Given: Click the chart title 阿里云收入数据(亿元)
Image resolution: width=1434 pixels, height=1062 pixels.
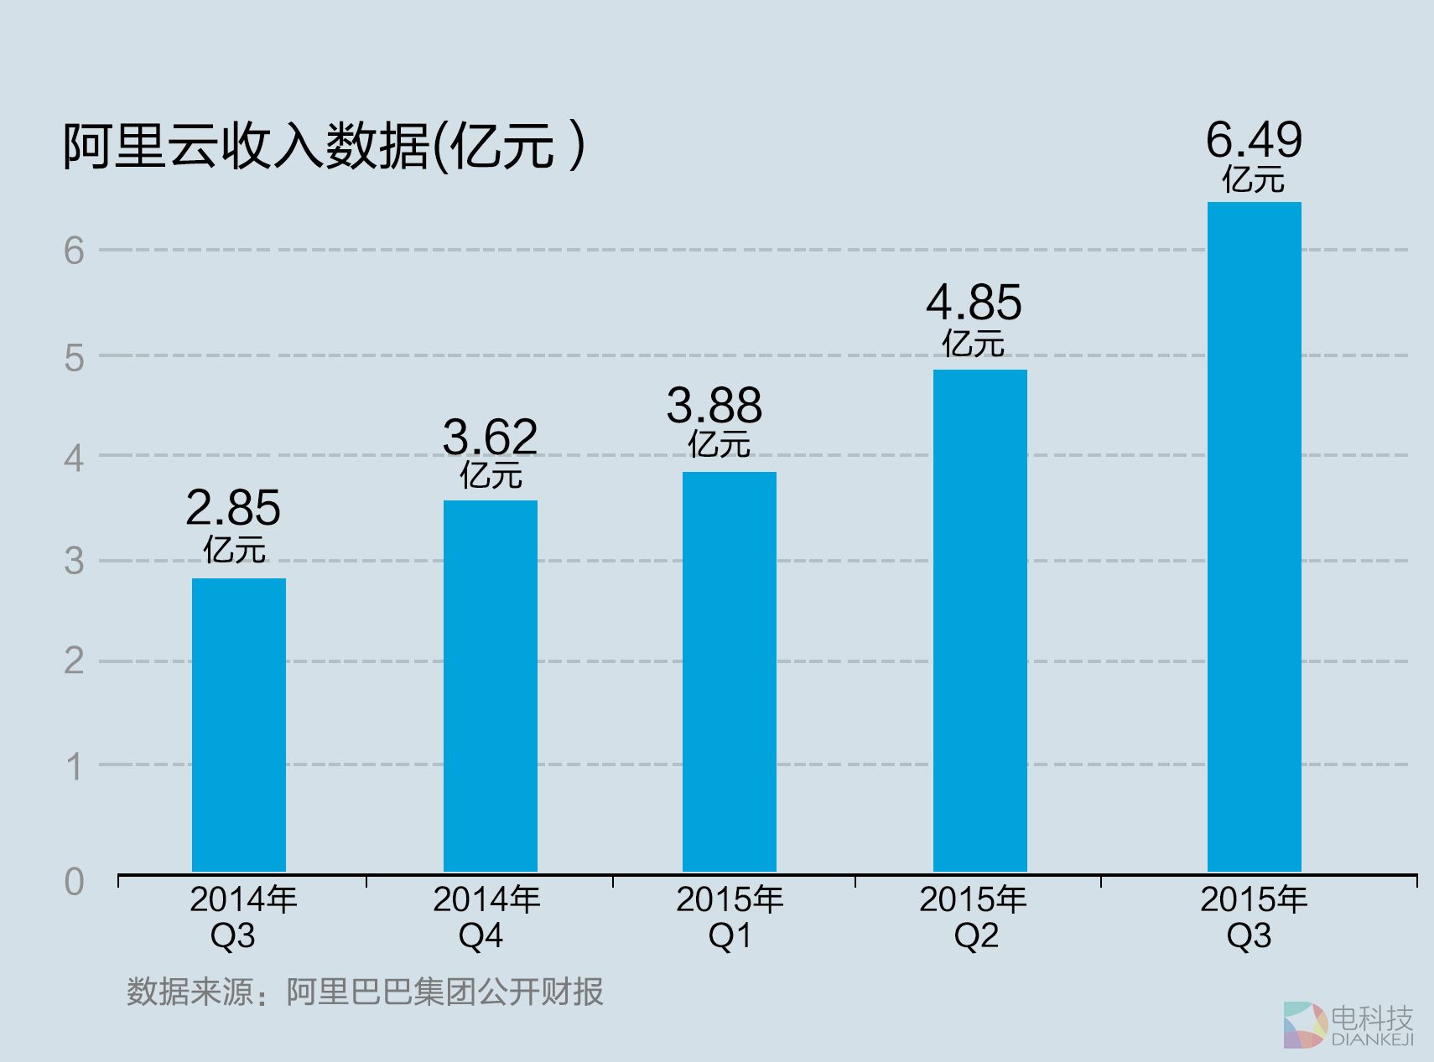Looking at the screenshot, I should (324, 146).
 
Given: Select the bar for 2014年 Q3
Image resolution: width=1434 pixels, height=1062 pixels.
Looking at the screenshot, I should (239, 725).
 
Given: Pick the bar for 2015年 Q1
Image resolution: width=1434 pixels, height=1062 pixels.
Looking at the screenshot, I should (730, 671).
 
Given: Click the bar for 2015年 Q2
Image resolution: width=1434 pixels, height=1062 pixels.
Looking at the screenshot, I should (980, 620).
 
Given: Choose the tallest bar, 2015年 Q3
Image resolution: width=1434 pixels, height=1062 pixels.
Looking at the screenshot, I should (1255, 536).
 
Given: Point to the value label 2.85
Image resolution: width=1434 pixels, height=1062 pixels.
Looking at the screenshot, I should (233, 508).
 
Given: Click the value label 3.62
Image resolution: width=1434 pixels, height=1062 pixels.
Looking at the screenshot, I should (490, 438).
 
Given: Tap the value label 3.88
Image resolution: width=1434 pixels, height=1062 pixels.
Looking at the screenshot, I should (714, 407).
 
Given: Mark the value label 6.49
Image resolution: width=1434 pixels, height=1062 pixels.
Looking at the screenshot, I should (1255, 140).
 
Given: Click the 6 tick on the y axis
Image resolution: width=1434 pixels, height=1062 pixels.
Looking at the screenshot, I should (75, 251).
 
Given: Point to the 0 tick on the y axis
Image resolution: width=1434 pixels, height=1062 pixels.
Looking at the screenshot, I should (75, 882).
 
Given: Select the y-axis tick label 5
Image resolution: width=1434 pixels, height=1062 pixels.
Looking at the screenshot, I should (75, 358).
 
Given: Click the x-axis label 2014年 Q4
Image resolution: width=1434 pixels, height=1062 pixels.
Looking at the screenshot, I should (486, 917).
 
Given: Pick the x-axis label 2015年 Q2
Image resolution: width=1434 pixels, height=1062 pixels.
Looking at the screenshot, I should (974, 917).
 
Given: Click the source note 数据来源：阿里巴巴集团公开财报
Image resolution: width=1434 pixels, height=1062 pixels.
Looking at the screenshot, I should (365, 992).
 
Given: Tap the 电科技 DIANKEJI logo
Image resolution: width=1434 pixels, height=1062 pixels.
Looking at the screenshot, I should (1349, 1024).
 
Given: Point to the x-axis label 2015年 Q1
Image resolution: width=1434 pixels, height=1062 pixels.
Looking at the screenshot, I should (730, 917).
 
